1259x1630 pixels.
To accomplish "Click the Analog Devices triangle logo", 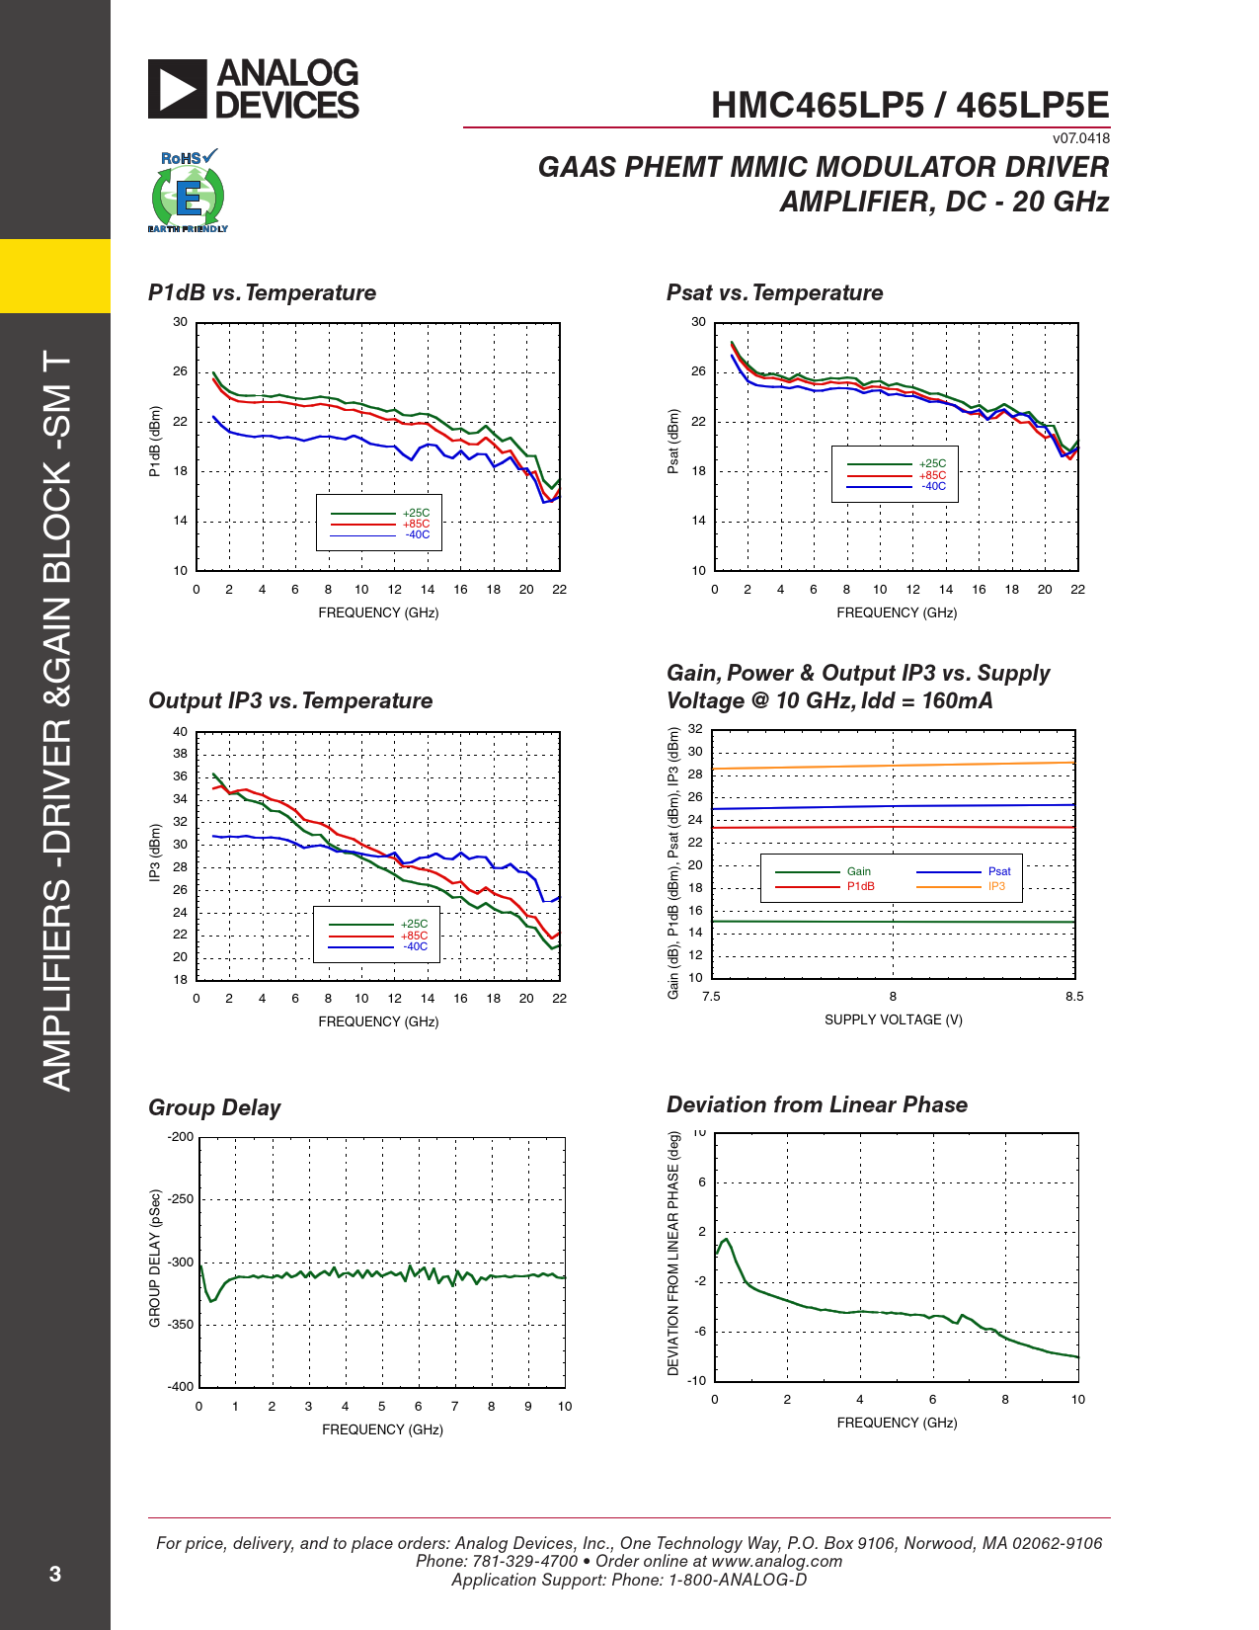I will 178,89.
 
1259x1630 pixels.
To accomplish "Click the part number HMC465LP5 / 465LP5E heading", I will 909,106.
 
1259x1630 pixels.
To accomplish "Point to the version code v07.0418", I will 1080,139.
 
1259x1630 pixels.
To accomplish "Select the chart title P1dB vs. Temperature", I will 262,293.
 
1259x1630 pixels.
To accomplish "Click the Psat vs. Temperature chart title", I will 774,293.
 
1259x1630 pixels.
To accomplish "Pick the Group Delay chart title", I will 214,1108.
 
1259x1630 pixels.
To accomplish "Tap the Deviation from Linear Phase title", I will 817,1105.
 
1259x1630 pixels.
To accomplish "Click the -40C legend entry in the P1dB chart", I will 417,535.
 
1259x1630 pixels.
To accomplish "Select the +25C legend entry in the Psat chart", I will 932,463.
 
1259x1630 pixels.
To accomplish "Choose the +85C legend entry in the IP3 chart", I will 414,936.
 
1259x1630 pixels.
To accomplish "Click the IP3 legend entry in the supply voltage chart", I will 996,886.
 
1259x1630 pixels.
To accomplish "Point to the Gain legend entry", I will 858,871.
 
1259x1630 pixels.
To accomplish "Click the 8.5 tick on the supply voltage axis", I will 1074,997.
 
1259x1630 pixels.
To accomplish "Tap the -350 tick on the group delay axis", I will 181,1325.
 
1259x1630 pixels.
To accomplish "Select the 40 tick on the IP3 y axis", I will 180,732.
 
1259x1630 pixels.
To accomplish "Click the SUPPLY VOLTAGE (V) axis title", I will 893,1020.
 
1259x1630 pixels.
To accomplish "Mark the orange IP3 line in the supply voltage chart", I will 893,766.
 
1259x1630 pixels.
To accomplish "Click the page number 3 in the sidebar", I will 55,1574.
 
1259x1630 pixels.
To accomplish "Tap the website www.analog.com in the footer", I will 776,1562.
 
